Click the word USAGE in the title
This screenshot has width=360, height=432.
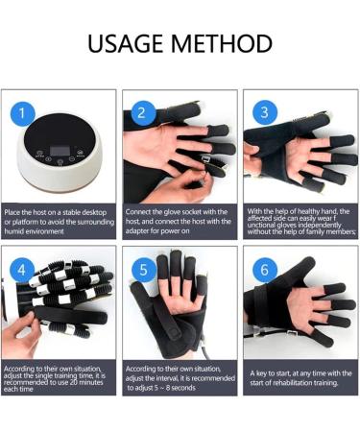127,43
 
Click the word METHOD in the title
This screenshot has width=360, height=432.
222,43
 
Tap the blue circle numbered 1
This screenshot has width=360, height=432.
22,113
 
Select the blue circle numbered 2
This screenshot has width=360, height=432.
141,112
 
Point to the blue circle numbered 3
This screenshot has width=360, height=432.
264,112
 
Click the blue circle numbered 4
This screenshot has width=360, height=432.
22,270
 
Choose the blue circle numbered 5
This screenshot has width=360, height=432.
144,270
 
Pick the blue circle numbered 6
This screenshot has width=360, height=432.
265,270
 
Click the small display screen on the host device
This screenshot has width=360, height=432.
60,151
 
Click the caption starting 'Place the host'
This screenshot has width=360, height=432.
60,222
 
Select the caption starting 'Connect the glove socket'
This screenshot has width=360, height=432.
179,221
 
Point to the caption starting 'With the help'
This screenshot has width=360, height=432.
301,222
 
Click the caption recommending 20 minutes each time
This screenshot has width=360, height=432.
55,379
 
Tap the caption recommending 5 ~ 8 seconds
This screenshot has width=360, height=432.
180,378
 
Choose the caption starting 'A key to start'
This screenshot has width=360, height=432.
300,378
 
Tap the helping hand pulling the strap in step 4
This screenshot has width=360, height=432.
21,334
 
